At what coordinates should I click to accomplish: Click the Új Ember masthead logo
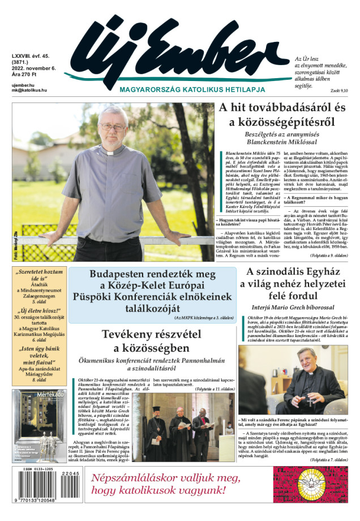pyautogui.click(x=175, y=48)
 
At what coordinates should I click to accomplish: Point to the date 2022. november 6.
pyautogui.click(x=33, y=68)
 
